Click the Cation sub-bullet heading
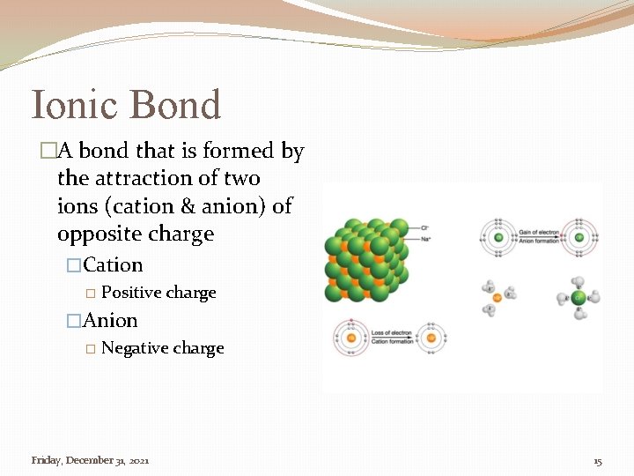coord(113,265)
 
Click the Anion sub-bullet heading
coord(110,321)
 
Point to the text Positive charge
coord(158,293)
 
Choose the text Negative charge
coord(163,348)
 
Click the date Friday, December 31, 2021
coord(90,460)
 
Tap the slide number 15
coord(598,461)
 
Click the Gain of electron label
coord(539,232)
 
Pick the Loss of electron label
coord(391,333)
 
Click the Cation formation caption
coord(391,341)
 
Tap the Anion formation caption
coord(539,240)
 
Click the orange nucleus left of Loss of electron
coord(350,338)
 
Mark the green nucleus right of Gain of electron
coord(579,236)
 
